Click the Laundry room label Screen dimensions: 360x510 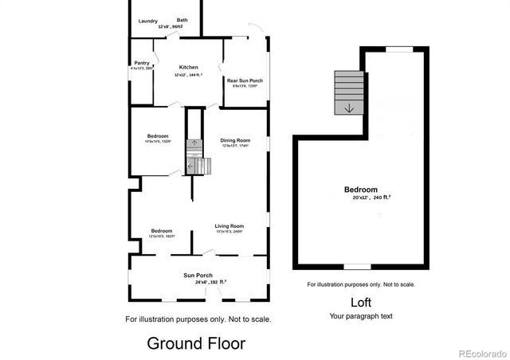pos(147,21)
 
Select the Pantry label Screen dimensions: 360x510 pos(141,63)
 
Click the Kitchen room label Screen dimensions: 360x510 pos(188,67)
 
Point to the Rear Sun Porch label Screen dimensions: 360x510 pos(245,80)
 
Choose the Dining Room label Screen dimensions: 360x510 pos(235,140)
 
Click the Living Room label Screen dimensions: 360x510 pos(229,226)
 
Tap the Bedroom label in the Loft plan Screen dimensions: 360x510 pos(360,190)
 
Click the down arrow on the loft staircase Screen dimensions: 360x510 pos(348,108)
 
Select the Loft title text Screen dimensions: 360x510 pos(360,303)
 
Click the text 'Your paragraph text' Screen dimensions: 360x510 pos(360,316)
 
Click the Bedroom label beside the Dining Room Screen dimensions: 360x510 pos(158,136)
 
